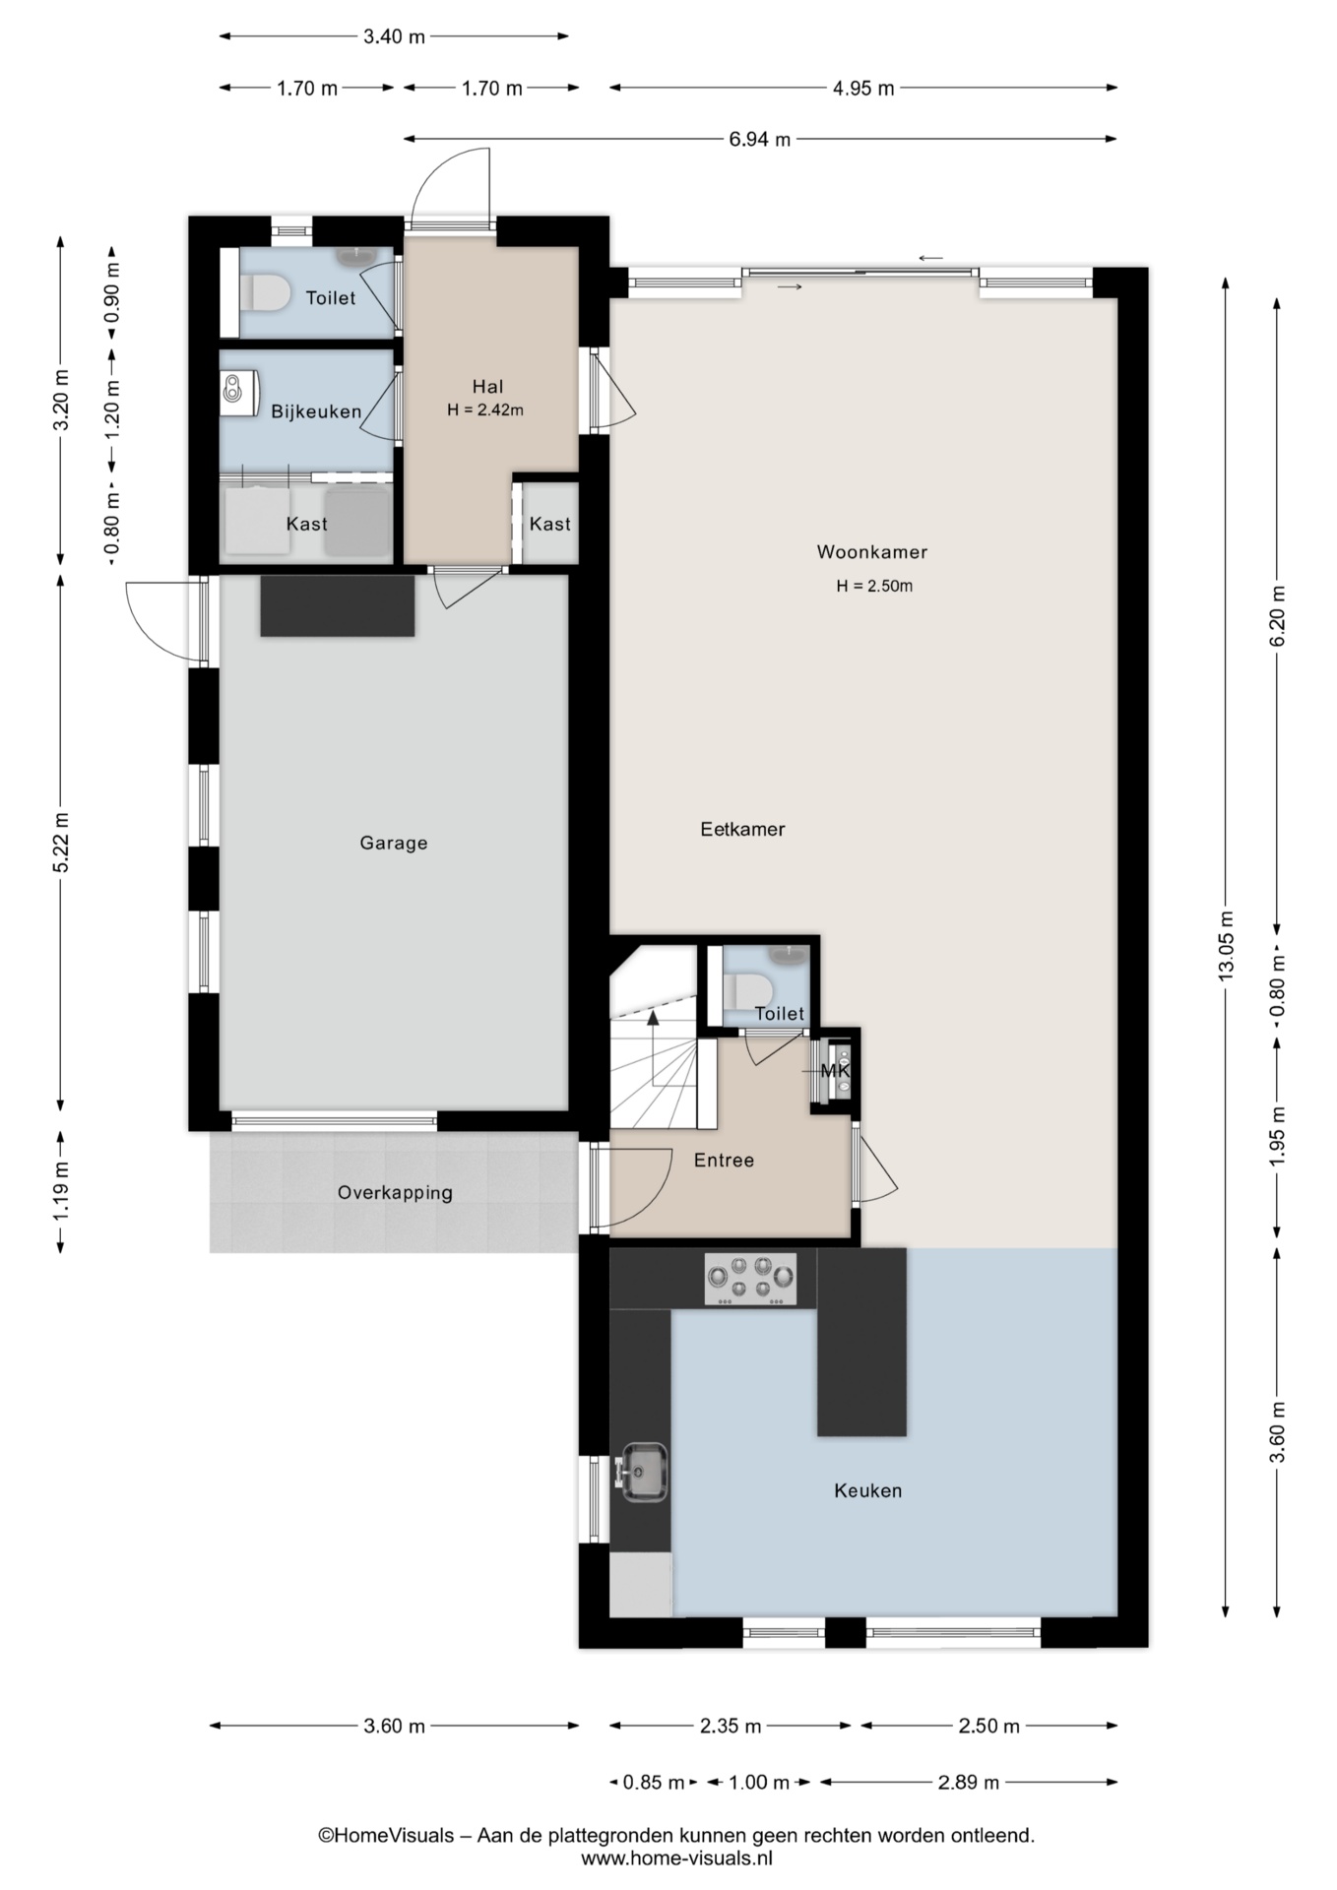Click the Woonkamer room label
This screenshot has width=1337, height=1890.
tap(871, 552)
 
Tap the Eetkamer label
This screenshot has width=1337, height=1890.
tap(742, 830)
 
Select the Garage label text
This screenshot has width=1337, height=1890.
tap(394, 844)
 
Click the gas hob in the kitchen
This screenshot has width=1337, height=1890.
tap(750, 1280)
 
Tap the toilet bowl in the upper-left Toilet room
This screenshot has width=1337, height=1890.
tap(264, 292)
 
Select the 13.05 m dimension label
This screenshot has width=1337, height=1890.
tap(1226, 945)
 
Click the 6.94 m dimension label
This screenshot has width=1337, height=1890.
tap(759, 140)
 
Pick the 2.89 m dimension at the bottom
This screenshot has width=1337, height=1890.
tap(969, 1783)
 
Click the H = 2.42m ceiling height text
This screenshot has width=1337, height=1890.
tap(485, 410)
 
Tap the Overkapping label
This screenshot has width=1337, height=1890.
tap(395, 1193)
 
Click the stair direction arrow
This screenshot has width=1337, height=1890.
tap(652, 1046)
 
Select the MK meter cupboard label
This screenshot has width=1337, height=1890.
tap(835, 1071)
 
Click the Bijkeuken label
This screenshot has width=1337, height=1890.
tap(316, 412)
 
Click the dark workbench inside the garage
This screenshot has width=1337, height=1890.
tap(338, 605)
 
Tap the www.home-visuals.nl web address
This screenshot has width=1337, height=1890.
tap(676, 1858)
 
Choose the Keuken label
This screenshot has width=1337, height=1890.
tap(867, 1491)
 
